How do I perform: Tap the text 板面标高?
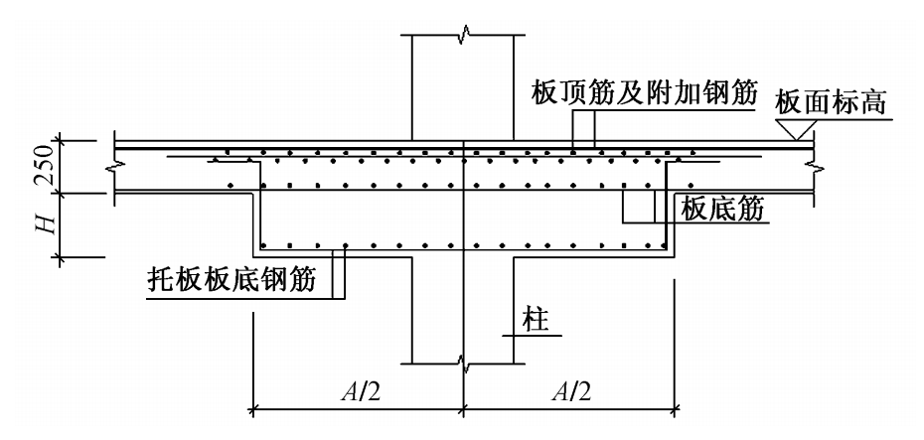(x=831, y=103)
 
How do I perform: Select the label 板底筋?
(x=722, y=209)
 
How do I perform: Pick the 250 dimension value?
(x=47, y=166)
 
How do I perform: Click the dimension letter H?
(x=49, y=223)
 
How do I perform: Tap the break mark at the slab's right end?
(x=814, y=169)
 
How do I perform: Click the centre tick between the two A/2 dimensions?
(x=464, y=407)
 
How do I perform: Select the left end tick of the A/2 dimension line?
(x=253, y=407)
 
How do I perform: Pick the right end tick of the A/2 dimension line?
(x=675, y=407)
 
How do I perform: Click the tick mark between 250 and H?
(x=60, y=192)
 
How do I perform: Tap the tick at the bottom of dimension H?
(x=60, y=257)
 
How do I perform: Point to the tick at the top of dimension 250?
(x=60, y=141)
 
